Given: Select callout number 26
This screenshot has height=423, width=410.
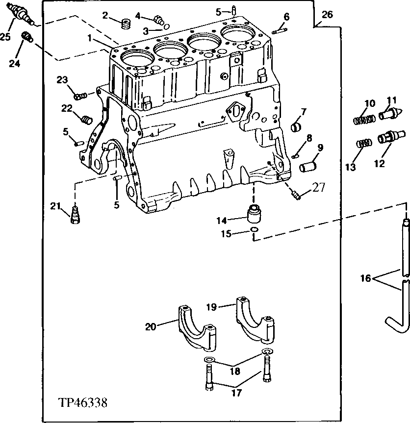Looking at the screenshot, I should [327, 14].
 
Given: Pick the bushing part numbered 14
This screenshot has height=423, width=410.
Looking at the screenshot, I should [255, 214].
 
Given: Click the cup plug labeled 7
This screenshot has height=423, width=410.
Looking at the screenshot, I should [296, 128].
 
